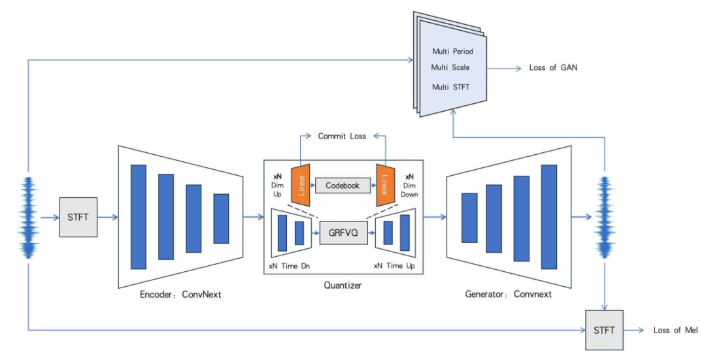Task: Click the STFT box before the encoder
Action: click(x=78, y=217)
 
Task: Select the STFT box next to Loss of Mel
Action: click(x=604, y=330)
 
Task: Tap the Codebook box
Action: click(x=343, y=186)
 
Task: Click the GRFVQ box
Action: click(x=343, y=232)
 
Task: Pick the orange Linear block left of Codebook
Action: click(x=301, y=184)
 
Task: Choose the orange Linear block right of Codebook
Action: click(x=384, y=184)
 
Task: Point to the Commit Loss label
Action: click(x=342, y=136)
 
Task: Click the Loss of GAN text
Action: click(x=553, y=67)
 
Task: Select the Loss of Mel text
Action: click(x=675, y=330)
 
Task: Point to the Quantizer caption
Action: click(x=343, y=286)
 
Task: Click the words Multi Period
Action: click(x=452, y=51)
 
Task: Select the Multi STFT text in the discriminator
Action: click(x=451, y=86)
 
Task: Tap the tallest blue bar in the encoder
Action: click(x=139, y=216)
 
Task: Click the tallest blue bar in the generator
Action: click(x=549, y=216)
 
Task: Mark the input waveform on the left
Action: click(x=28, y=217)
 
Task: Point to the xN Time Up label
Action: click(x=397, y=267)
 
